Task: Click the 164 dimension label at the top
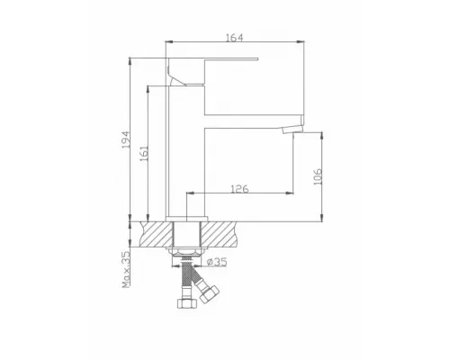(235, 37)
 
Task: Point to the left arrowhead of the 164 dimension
(169, 44)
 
